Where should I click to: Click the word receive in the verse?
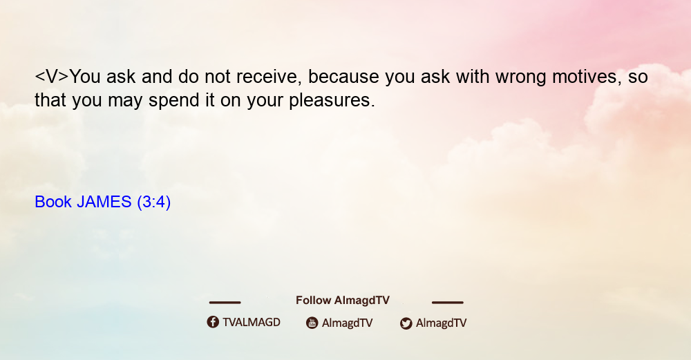(269, 77)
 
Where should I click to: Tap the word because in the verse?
(343, 77)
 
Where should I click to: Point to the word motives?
(587, 77)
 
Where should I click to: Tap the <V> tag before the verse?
(52, 77)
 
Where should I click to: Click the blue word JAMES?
(104, 202)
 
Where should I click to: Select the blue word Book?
(53, 202)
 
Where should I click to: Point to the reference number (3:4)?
(154, 202)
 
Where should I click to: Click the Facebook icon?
(213, 322)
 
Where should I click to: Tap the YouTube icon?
(312, 323)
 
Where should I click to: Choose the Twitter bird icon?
(406, 323)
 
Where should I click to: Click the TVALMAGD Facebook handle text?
(252, 323)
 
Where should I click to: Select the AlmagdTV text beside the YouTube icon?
(348, 323)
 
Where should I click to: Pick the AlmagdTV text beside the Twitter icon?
(441, 323)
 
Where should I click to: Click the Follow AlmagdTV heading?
(343, 301)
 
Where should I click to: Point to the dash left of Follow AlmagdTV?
(225, 303)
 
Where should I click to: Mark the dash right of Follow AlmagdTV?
(448, 303)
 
